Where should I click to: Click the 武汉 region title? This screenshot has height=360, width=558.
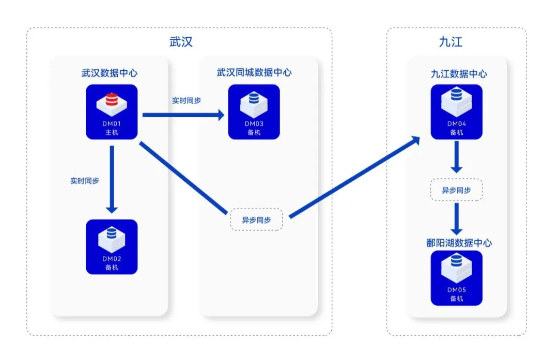[181, 42]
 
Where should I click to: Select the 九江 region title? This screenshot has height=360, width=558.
[451, 42]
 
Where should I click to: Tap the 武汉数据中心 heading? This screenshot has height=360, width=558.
[109, 73]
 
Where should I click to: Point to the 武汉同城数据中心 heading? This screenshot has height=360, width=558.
[254, 73]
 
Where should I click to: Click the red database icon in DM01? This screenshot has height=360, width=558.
[112, 100]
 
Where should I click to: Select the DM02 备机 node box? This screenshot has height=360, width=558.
[112, 246]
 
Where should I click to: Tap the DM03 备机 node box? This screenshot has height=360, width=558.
[254, 112]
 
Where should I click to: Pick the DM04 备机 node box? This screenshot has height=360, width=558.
[456, 112]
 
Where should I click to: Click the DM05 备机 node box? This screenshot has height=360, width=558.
[456, 278]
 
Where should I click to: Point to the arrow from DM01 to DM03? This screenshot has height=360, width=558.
[183, 115]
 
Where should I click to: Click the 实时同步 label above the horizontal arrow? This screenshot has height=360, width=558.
[187, 101]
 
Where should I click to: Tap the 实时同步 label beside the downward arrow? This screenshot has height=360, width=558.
[85, 181]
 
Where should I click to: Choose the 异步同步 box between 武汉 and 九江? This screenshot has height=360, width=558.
[256, 220]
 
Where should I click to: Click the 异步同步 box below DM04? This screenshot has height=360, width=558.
[456, 190]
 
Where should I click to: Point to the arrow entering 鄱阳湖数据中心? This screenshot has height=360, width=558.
[456, 220]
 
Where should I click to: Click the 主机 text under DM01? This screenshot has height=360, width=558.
[112, 133]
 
